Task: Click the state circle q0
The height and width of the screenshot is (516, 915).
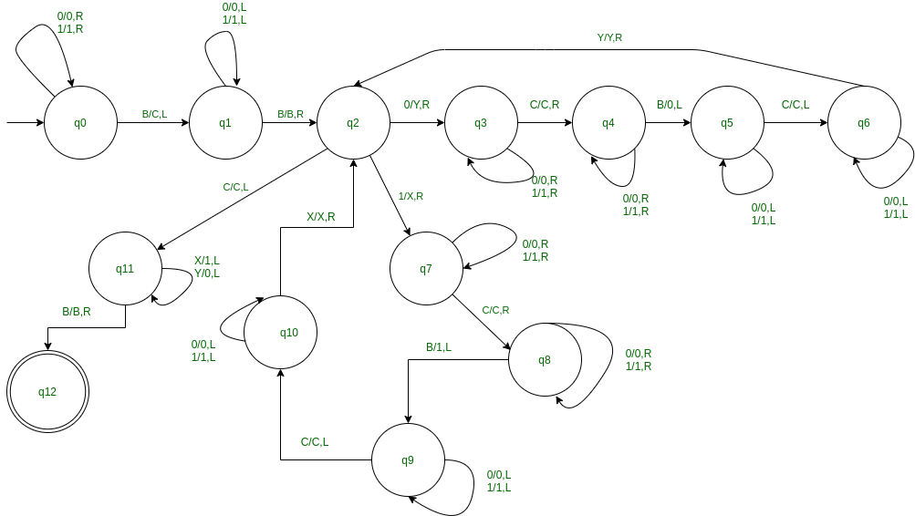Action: (80, 122)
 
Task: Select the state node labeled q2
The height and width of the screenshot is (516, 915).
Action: (353, 122)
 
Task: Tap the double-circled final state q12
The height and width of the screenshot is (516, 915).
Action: (47, 392)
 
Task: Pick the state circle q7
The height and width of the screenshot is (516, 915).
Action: (426, 268)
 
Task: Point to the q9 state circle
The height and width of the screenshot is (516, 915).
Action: (408, 459)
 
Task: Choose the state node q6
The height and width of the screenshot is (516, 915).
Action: (864, 122)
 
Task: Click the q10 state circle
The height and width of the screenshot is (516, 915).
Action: (281, 333)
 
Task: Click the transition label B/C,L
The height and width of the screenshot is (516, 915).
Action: (154, 114)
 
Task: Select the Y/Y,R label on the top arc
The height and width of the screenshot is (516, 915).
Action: (609, 37)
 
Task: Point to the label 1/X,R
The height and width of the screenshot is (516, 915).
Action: (411, 196)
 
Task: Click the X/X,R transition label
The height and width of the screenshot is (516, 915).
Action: (320, 217)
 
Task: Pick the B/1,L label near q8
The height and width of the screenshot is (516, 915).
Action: (439, 347)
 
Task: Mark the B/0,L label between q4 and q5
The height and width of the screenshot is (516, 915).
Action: (671, 104)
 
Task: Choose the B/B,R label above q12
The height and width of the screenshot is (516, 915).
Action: (77, 312)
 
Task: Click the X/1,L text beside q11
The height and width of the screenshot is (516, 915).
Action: (207, 260)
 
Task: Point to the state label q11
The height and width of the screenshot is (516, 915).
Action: (125, 268)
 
